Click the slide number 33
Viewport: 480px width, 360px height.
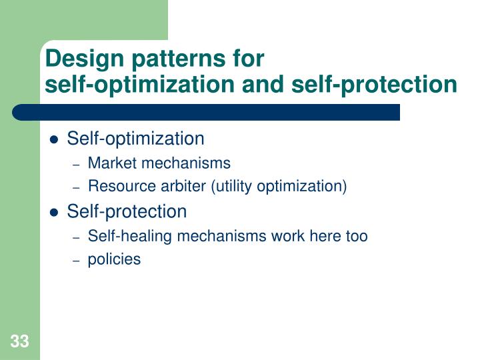coord(19,342)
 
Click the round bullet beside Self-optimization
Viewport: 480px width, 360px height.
coord(55,140)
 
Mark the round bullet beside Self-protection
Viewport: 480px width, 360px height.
coord(55,213)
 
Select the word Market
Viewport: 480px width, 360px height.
coord(109,163)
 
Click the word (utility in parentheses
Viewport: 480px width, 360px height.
coord(233,187)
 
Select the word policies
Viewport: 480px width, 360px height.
coord(114,260)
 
